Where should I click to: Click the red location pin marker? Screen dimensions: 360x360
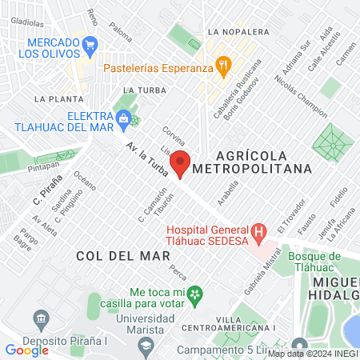point(181,163)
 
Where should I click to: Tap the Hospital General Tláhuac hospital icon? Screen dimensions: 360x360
point(258,234)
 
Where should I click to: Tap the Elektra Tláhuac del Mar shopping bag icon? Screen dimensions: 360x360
point(122,120)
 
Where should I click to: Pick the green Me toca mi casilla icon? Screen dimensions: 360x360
point(194,297)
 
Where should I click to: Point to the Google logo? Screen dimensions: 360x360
point(26,350)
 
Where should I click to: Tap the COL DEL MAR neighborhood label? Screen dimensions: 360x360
point(124,256)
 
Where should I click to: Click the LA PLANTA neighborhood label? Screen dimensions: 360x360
point(54,98)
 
